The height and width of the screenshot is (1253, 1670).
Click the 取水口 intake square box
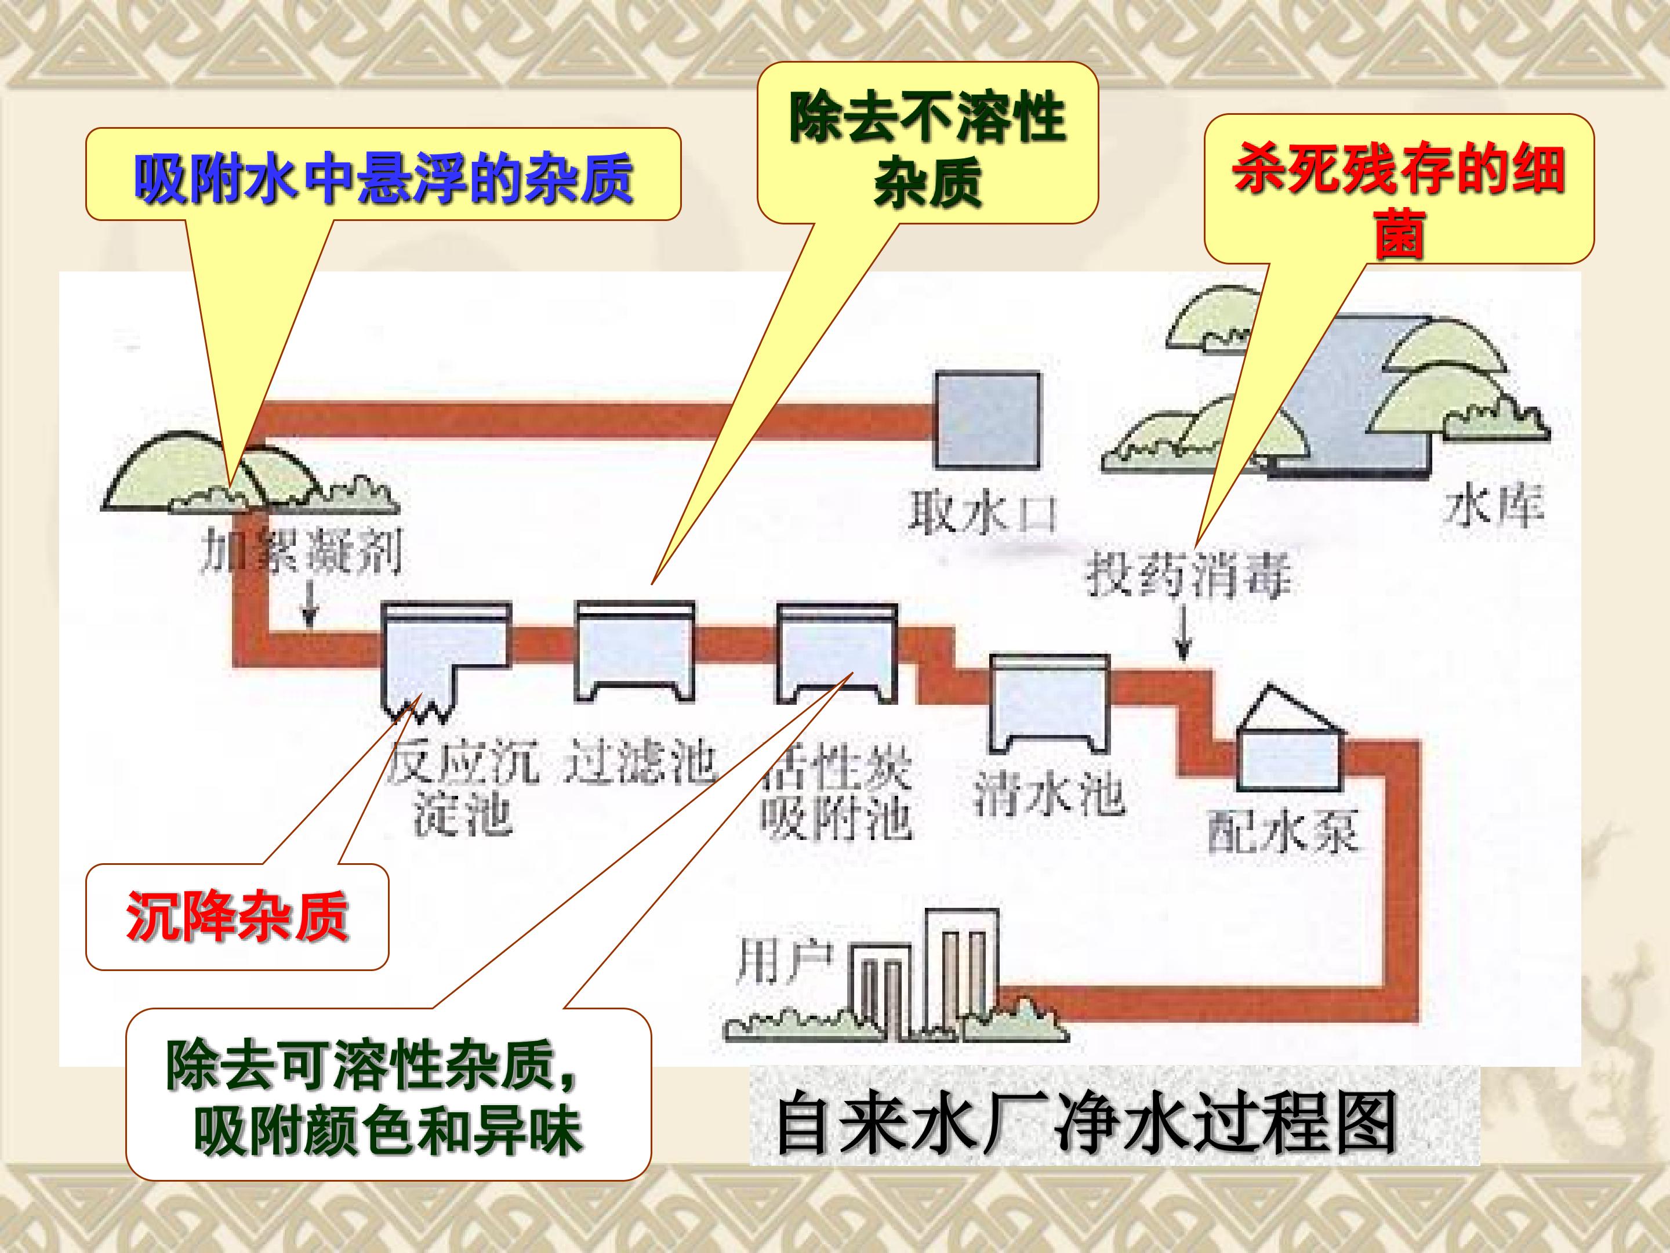coord(988,420)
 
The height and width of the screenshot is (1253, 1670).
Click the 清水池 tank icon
coord(1050,702)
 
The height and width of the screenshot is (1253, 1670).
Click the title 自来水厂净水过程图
coord(1085,1128)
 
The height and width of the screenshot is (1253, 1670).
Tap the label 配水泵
coord(1283,832)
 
